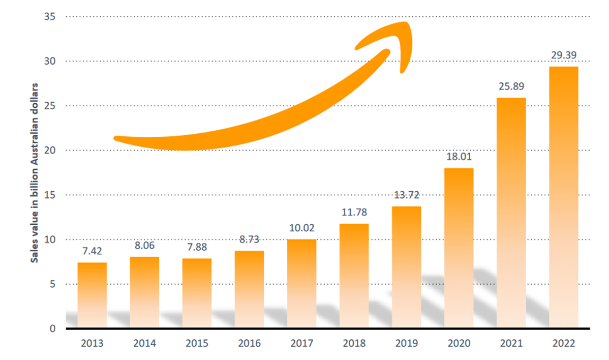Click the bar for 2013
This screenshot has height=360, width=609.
(92, 295)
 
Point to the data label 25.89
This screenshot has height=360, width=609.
(511, 87)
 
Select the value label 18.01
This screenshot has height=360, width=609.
(459, 157)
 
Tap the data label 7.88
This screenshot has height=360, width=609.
(197, 248)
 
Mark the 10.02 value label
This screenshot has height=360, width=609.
(302, 228)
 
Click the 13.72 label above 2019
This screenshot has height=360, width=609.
(406, 195)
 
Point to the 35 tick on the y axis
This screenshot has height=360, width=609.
(50, 17)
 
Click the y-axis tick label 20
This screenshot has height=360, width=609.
(50, 151)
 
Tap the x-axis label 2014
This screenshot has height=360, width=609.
(144, 343)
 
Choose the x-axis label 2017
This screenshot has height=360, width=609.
(302, 343)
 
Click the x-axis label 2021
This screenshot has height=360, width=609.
(511, 343)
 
